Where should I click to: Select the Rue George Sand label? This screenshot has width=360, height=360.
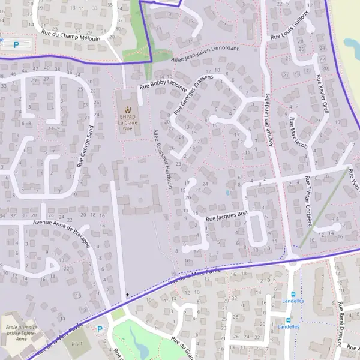click(85, 146)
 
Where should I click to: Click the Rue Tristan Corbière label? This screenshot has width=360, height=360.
click(308, 200)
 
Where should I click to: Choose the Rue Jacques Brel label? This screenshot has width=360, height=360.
click(227, 216)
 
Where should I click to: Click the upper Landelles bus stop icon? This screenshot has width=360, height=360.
click(293, 294)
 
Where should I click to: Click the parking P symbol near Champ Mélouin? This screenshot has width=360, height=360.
click(16, 44)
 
